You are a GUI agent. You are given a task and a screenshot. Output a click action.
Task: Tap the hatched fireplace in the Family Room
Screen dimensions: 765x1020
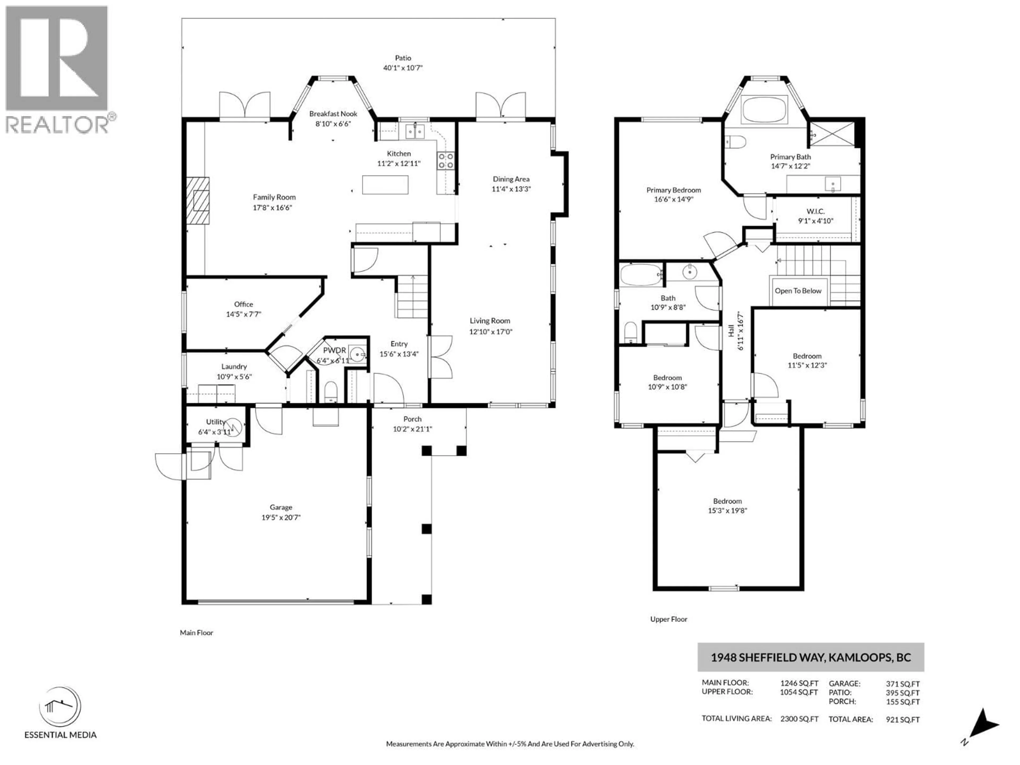coord(198,201)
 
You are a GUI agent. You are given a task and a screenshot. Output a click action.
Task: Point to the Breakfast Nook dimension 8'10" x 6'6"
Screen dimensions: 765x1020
coord(333,124)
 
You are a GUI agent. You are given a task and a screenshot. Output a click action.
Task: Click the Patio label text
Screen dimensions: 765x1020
coord(403,58)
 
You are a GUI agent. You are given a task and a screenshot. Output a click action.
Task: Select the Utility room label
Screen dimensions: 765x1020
coord(215,422)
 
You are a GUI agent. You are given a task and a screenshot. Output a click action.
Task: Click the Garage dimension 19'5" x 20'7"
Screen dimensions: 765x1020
coord(281,517)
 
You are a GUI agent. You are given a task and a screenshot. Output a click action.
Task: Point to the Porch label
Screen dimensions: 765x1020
coord(412,419)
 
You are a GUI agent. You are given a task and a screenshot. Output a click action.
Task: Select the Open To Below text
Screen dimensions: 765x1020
coord(798,291)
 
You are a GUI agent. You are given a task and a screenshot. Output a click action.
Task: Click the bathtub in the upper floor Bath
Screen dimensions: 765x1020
coord(640,275)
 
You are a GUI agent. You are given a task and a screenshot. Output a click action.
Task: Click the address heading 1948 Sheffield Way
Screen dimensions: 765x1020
coord(810,657)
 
